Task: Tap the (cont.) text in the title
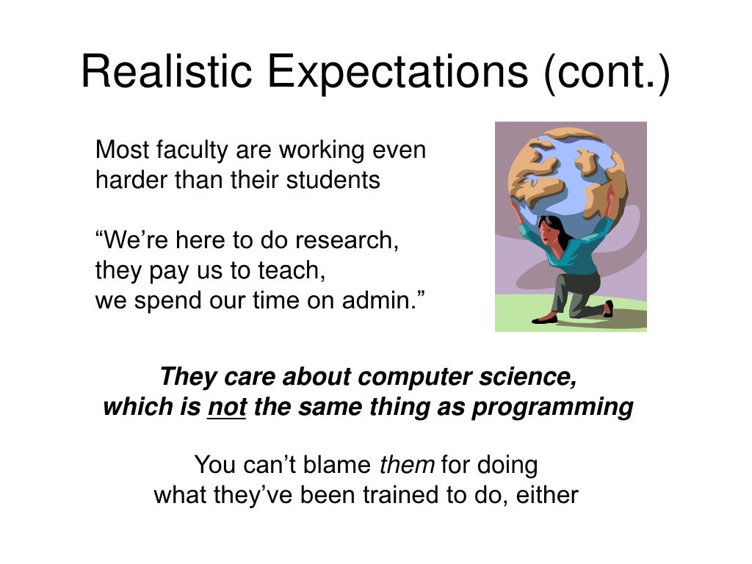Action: click(607, 73)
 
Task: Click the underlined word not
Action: click(226, 406)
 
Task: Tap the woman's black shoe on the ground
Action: click(544, 319)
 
